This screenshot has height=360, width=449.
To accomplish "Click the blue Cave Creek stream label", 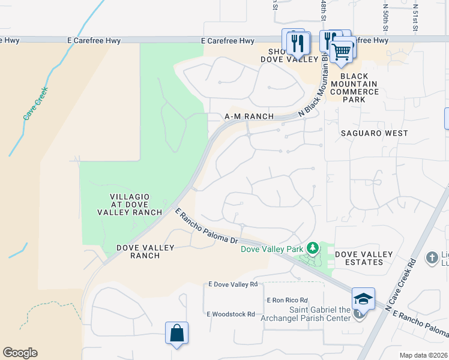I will [35, 104].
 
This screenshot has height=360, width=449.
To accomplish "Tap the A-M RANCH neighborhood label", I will [249, 116].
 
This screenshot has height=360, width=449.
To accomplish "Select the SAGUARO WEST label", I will [374, 133].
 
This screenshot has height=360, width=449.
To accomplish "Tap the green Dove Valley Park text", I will [272, 248].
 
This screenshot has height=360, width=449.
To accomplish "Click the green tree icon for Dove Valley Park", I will [312, 248].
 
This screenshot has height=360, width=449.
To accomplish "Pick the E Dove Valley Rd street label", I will [232, 284].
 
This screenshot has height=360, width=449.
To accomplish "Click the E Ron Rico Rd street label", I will [287, 300].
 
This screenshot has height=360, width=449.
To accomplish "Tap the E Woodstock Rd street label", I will [231, 314].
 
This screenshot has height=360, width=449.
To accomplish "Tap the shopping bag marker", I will [177, 332].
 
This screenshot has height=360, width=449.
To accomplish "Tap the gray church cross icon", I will [432, 258].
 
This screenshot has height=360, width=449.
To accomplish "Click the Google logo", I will [20, 353].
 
